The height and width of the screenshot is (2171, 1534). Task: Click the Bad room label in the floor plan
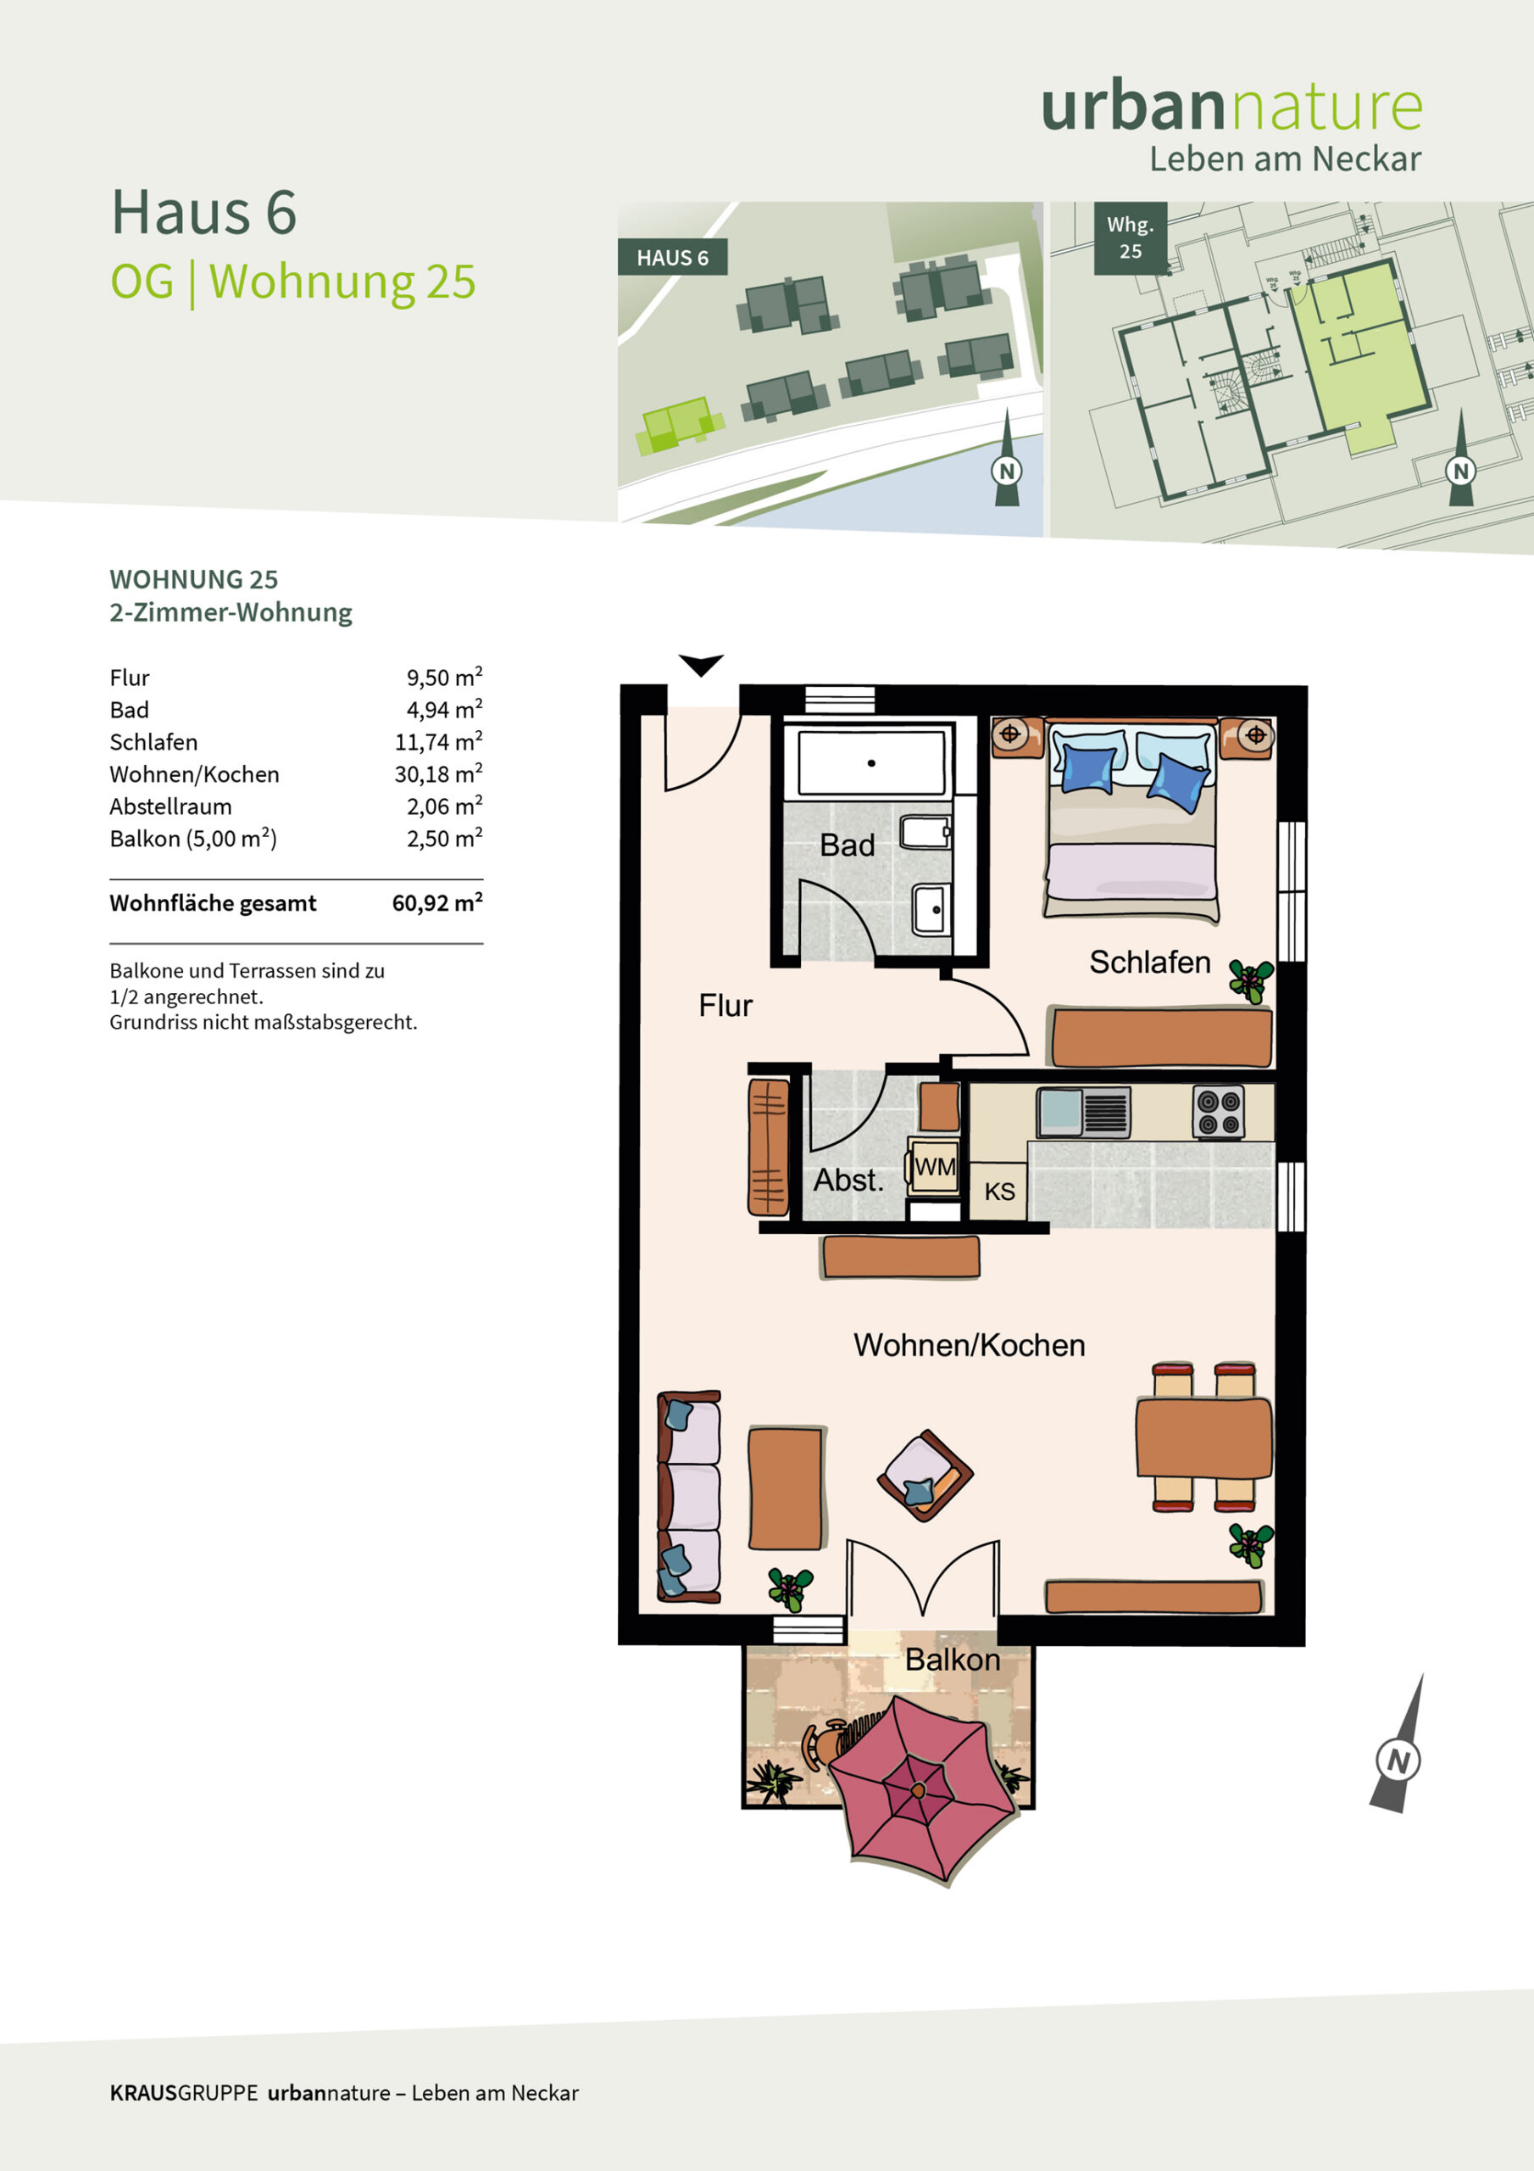pos(847,845)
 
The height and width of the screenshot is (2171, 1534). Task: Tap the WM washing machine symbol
pos(934,1167)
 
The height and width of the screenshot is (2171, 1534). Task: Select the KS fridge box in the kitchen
pos(999,1191)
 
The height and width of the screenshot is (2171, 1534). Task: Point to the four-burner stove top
pos(1219,1112)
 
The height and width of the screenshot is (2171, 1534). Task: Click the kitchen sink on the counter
pos(1083,1112)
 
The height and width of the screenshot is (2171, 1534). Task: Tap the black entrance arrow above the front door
pos(700,665)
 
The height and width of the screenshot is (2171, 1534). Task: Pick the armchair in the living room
pos(925,1475)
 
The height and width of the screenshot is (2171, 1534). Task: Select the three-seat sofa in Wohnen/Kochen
pos(689,1496)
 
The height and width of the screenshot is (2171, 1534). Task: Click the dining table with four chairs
pos(1203,1437)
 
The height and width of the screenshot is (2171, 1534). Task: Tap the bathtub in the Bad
pos(871,762)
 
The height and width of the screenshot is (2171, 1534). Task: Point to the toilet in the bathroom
pos(925,832)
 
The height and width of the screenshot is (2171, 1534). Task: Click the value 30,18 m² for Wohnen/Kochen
pos(438,773)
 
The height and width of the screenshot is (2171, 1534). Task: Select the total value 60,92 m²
pos(437,902)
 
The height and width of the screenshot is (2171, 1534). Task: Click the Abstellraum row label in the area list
pos(170,806)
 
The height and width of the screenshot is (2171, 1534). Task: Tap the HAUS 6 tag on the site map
pos(672,257)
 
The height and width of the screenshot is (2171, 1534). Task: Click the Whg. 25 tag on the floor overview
pos(1131,238)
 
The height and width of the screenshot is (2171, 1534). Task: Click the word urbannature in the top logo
pos(1231,107)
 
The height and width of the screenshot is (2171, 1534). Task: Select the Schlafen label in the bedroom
pos(1149,962)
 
